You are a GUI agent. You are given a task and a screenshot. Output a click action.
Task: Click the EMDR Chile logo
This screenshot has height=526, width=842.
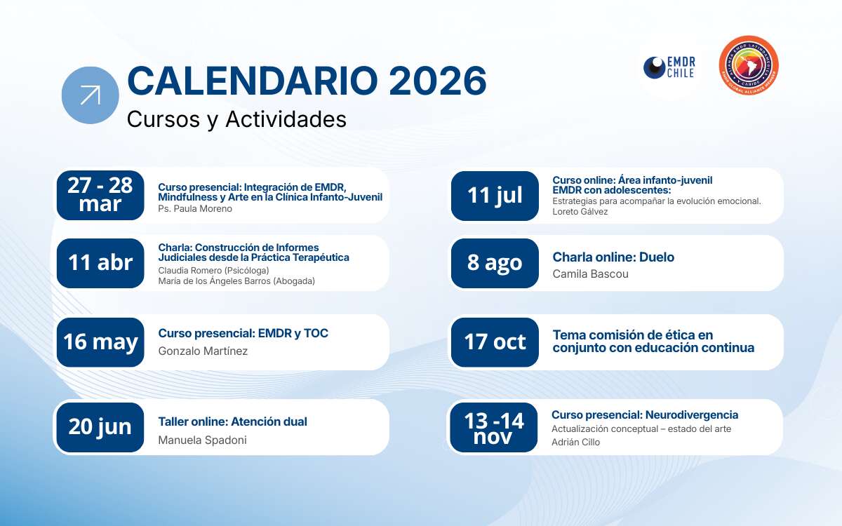click(669, 67)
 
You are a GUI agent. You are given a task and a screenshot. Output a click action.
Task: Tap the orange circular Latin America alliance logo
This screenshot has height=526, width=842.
click(749, 65)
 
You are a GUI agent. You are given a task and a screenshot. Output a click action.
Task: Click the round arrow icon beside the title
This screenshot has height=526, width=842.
click(91, 95)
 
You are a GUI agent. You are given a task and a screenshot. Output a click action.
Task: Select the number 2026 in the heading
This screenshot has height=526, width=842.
click(438, 81)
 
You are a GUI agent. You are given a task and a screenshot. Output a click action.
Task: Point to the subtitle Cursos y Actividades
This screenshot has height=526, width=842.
click(236, 119)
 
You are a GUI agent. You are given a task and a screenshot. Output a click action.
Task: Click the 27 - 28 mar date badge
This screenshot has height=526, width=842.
click(100, 196)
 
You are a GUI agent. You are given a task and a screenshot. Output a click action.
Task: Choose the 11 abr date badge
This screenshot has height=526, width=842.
click(100, 263)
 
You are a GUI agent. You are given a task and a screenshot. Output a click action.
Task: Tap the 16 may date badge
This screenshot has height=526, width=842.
click(100, 342)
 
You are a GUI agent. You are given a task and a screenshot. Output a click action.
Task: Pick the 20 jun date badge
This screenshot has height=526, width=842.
click(100, 427)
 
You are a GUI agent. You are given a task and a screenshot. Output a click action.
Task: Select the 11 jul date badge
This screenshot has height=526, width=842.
click(495, 196)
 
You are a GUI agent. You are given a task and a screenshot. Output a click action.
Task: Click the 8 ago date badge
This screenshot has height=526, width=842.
click(495, 263)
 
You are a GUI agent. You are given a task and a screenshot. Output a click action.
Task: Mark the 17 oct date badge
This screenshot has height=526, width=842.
click(495, 342)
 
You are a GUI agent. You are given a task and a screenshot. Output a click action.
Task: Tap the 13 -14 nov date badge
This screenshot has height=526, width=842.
click(494, 427)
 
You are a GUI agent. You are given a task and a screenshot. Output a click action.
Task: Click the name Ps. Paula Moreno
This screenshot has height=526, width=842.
click(195, 208)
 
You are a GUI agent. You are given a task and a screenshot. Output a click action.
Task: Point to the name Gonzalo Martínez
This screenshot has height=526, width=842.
click(203, 351)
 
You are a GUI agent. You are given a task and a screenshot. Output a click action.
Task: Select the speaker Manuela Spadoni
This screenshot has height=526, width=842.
click(202, 440)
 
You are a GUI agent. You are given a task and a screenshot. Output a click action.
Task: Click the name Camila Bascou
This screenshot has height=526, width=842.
click(590, 274)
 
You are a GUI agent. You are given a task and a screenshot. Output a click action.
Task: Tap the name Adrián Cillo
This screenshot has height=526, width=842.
click(575, 443)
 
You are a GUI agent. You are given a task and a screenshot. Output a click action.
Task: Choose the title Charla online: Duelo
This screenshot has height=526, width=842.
click(613, 257)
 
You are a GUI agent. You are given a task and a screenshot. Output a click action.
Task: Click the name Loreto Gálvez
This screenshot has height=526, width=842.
click(580, 212)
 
